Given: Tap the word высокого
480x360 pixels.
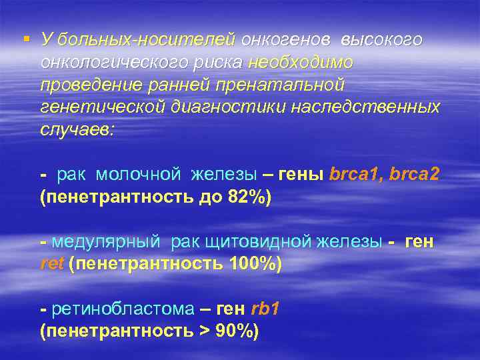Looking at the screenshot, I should click(x=381, y=39).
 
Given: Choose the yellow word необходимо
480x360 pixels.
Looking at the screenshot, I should click(x=300, y=62).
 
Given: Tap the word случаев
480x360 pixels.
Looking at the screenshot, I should click(x=77, y=130).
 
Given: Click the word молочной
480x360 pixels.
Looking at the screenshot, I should click(x=138, y=175).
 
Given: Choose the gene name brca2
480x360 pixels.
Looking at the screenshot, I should click(x=415, y=175).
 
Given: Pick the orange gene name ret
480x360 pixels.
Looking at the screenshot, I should click(x=51, y=265).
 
